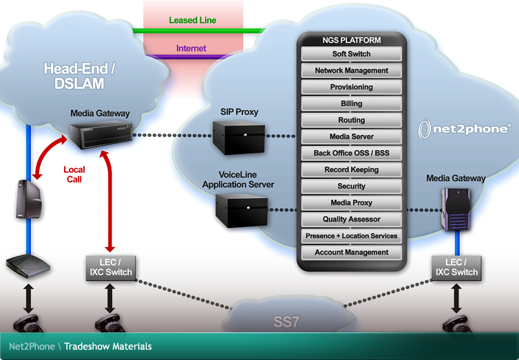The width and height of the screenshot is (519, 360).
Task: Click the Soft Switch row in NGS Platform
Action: pos(351,54)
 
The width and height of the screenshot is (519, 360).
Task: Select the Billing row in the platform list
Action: pos(351,104)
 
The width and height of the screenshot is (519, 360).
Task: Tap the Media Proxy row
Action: pos(351,203)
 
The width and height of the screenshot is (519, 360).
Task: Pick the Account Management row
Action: pos(351,253)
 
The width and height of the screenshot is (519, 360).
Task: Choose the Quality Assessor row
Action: pos(351,220)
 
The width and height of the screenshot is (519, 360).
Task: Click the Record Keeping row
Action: pos(351,170)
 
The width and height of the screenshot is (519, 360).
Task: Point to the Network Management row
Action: pos(351,70)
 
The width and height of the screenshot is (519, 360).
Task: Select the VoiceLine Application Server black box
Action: pos(240,210)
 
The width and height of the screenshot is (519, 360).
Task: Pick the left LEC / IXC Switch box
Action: pos(110,267)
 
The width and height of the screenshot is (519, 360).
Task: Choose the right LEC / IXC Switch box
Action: pos(456,267)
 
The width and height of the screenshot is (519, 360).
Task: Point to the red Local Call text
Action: pos(74,173)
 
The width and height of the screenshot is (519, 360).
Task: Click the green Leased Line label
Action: pos(193,21)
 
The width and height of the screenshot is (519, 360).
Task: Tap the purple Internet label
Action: pos(191,49)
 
